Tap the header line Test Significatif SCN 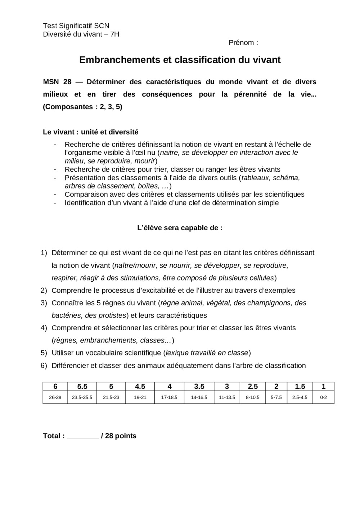[x=76, y=26]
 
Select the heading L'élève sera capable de [x=180, y=228]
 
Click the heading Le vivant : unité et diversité [x=90, y=132]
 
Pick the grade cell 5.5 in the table [x=82, y=386]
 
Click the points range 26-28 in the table [x=55, y=397]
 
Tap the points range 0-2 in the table [x=323, y=397]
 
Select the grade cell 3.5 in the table [x=199, y=386]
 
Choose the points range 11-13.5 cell [x=227, y=397]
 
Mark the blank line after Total [x=83, y=436]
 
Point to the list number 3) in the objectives [x=44, y=303]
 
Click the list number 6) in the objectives [x=44, y=365]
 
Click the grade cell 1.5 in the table [x=300, y=386]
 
